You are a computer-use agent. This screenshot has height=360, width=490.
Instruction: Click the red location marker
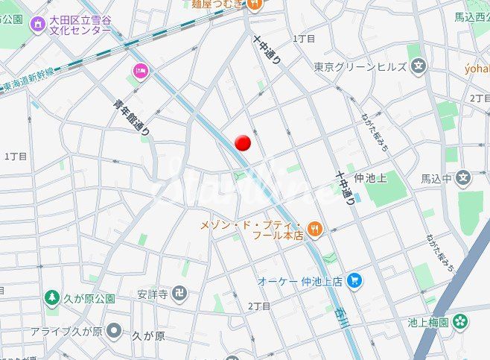[243, 142]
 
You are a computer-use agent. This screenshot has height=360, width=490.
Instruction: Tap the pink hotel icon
[139, 72]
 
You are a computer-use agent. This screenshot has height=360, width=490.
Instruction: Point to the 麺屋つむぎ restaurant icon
[255, 4]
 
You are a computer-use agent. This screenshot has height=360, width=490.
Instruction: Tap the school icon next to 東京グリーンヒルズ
[418, 66]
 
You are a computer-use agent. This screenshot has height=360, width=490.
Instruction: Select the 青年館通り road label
[133, 118]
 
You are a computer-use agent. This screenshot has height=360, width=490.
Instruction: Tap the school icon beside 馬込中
[464, 178]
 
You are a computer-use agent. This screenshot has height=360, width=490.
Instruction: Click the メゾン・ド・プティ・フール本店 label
[252, 230]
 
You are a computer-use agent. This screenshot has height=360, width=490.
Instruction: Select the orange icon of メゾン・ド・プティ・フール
[315, 230]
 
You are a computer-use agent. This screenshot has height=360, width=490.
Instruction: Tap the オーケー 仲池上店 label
[299, 281]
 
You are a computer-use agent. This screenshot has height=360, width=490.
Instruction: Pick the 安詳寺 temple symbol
[178, 293]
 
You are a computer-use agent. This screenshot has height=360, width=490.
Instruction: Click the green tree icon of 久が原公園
[51, 299]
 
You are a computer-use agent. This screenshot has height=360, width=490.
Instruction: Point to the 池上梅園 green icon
[461, 322]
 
